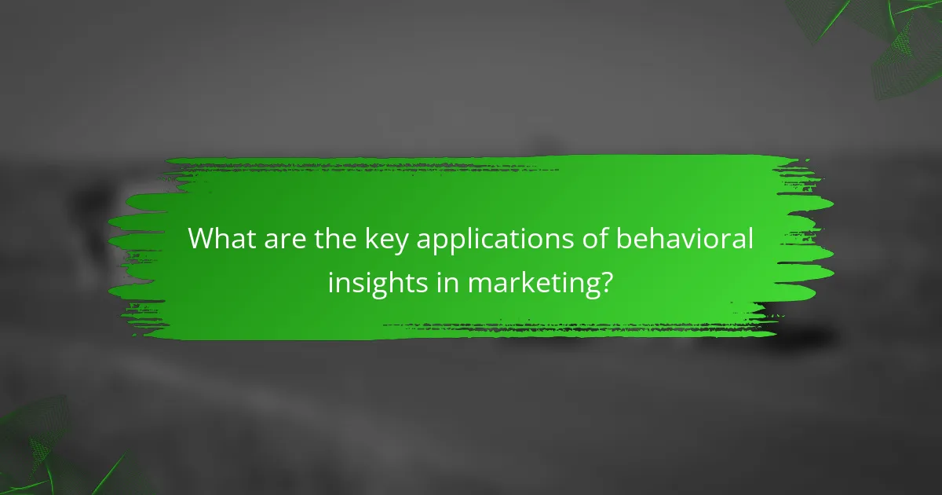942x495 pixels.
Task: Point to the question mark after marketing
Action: click(x=604, y=280)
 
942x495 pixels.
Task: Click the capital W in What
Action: click(x=201, y=239)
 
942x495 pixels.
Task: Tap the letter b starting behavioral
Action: click(x=623, y=239)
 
